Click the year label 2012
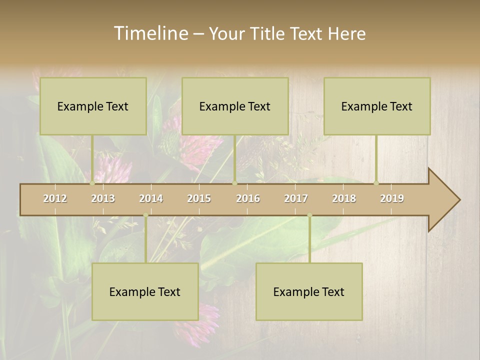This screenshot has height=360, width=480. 55,198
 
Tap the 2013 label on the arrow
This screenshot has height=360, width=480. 103,198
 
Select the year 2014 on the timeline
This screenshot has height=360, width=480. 151,198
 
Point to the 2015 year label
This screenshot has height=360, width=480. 199,198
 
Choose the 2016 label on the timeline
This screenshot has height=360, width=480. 248,198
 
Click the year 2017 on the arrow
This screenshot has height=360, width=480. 296,198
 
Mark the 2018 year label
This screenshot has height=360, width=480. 344,198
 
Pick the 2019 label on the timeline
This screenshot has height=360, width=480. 392,198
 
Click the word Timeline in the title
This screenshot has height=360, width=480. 150,33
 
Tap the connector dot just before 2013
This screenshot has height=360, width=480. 92,183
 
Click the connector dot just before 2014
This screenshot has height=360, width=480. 145,215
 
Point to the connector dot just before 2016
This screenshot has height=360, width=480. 234,183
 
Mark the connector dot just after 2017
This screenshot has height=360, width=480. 309,215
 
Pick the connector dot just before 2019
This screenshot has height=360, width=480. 376,183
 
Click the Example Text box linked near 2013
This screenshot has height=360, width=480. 93,106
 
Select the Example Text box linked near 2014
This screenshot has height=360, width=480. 145,291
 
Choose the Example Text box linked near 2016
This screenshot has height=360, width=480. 235,106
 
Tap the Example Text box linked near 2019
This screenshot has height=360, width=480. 377,106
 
